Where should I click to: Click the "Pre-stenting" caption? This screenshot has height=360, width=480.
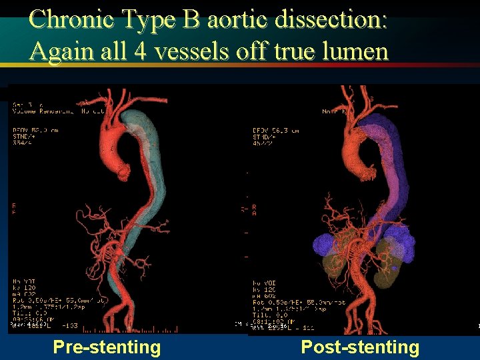pos(107,347)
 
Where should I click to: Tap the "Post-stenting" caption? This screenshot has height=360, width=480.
pos(360,347)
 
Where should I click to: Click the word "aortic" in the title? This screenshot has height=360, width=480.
pos(239,19)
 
